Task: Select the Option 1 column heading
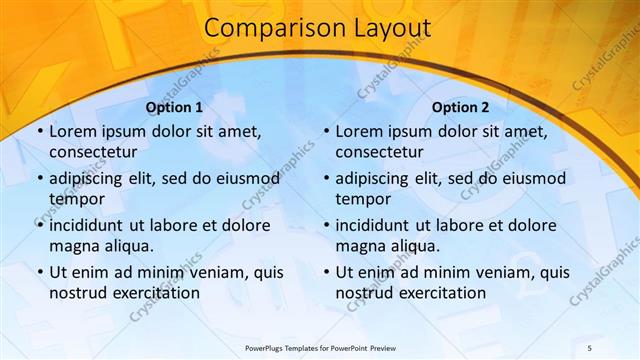(174, 107)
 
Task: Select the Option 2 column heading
(460, 107)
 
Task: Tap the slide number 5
(590, 347)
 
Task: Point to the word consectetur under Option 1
(93, 152)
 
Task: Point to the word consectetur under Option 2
(379, 152)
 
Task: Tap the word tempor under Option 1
(74, 199)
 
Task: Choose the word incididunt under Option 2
(374, 225)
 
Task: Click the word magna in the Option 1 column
(73, 246)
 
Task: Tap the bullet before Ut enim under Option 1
(39, 272)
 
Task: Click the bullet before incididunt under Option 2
(325, 225)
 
